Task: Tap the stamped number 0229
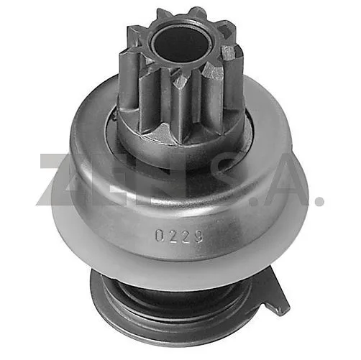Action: pyautogui.click(x=179, y=236)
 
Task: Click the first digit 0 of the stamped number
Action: pyautogui.click(x=160, y=236)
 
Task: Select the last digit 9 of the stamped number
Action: pyautogui.click(x=198, y=236)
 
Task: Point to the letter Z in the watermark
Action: pyautogui.click(x=56, y=180)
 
